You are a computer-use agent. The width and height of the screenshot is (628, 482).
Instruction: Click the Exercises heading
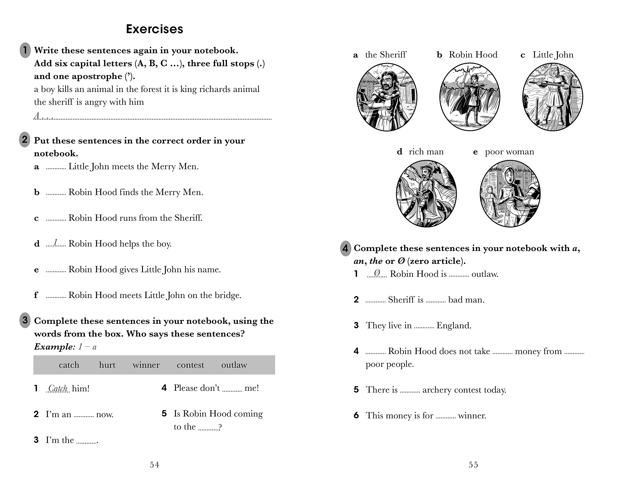[154, 29]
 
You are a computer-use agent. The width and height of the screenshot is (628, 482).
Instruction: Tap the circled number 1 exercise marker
[25, 50]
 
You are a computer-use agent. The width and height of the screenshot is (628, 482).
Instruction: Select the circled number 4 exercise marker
[345, 248]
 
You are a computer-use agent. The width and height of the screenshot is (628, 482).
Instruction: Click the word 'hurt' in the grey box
[107, 365]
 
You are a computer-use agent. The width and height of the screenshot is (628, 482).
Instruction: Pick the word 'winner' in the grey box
[146, 365]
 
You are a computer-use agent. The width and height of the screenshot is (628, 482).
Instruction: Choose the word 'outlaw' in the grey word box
[234, 365]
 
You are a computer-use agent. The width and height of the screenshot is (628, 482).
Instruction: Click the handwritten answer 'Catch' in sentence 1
[58, 388]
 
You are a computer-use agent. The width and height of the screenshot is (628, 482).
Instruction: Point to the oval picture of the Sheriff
[386, 97]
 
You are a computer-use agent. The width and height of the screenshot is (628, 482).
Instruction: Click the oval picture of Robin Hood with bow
[470, 97]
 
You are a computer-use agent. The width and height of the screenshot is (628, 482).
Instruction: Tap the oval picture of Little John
[552, 97]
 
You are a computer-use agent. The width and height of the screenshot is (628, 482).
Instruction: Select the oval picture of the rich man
[426, 194]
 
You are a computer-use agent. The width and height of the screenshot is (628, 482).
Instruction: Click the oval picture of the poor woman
[510, 194]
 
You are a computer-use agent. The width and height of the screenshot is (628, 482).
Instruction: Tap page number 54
[154, 465]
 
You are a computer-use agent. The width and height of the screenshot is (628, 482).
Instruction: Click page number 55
[473, 465]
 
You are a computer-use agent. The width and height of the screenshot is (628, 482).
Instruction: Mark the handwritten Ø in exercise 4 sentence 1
[377, 273]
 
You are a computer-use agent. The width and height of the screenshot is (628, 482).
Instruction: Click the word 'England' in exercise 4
[454, 325]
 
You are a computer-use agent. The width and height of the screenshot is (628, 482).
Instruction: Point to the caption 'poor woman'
[509, 152]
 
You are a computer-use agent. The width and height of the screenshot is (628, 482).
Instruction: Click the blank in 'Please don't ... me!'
[232, 389]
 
